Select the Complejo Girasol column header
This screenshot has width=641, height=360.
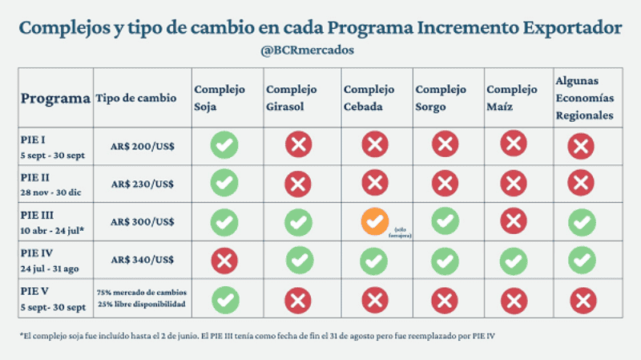pyautogui.click(x=292, y=98)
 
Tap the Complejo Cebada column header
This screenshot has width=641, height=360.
pyautogui.click(x=369, y=98)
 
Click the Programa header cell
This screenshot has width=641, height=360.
pyautogui.click(x=55, y=99)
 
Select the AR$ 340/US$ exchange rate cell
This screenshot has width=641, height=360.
pyautogui.click(x=143, y=258)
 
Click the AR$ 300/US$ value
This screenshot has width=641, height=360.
pyautogui.click(x=143, y=220)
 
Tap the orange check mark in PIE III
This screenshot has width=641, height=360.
pyautogui.click(x=374, y=221)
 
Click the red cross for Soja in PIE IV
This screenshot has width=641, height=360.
pyautogui.click(x=224, y=260)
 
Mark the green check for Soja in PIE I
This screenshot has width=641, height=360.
pyautogui.click(x=224, y=145)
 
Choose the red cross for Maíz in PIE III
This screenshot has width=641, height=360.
pyautogui.click(x=514, y=220)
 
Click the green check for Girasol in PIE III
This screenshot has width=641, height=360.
pyautogui.click(x=298, y=221)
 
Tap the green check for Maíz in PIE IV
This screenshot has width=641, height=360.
pyautogui.click(x=514, y=260)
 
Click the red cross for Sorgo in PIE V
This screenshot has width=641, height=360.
pyautogui.click(x=445, y=300)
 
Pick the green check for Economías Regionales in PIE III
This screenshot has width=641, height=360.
pyautogui.click(x=582, y=221)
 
